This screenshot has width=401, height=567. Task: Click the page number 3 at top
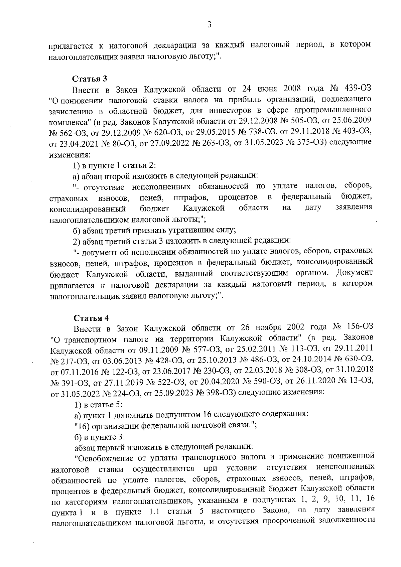(209, 24)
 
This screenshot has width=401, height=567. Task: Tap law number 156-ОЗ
(358, 327)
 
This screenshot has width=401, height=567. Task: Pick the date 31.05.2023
(272, 142)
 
